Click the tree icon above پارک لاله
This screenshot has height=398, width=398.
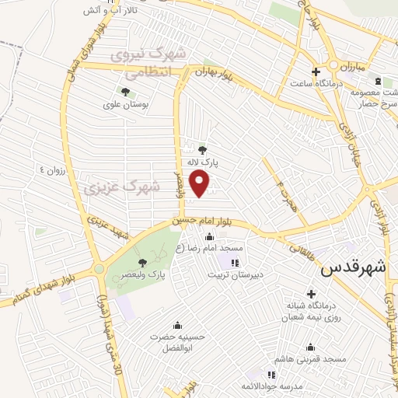(203, 150)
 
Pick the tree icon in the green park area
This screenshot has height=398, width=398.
(143, 260)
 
